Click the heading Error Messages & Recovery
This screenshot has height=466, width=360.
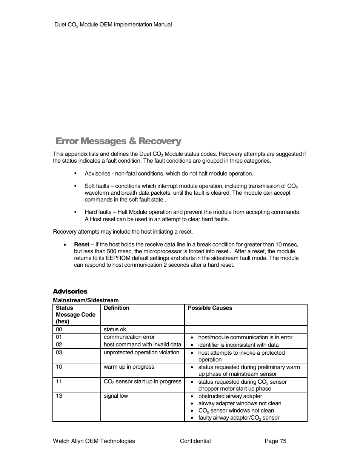[118, 141]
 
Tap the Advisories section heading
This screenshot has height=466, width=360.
[70, 291]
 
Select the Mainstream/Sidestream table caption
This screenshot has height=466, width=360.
[86, 300]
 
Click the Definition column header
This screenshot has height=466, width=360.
[117, 308]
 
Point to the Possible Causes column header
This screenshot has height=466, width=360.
[210, 308]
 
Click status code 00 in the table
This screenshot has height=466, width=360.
[59, 329]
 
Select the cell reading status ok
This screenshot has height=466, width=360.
[115, 329]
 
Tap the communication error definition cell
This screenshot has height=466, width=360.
[129, 337]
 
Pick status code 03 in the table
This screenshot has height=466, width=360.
[59, 352]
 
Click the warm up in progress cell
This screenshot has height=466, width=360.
[129, 367]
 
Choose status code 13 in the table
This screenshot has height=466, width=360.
[59, 396]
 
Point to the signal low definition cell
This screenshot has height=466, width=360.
[116, 396]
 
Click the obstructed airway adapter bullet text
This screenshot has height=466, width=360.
[230, 396]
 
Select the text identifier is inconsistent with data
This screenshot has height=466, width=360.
[238, 345]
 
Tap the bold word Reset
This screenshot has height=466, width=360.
[82, 245]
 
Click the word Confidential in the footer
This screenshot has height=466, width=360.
[195, 441]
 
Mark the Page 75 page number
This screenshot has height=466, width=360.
[275, 441]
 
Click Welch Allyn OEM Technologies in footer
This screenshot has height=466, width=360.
[94, 441]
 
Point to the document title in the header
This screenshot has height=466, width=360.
[113, 25]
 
